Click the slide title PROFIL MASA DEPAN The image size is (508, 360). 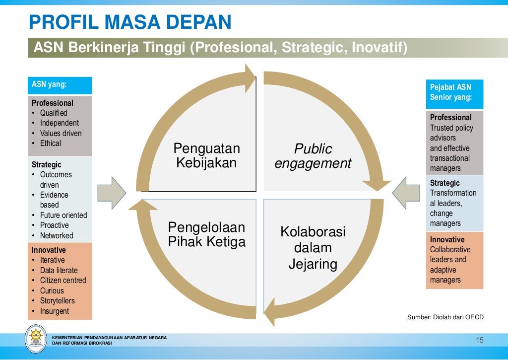coord(130,22)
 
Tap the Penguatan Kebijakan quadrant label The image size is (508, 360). coord(206,155)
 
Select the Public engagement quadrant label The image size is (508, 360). coord(313,156)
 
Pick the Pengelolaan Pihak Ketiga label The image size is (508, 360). coord(206,234)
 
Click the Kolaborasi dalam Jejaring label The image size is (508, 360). coord(313,248)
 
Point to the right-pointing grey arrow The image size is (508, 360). coord(112,192)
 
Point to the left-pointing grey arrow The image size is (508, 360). coord(406,192)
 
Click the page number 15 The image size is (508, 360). coord(479,340)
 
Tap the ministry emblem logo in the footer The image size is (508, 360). coord(36,339)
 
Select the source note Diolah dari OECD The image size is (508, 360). coord(445,317)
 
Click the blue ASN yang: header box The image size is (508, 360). coord(60,85)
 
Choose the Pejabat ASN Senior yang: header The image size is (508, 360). coord(454,92)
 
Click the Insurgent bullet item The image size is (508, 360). coord(55,311)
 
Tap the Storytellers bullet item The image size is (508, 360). coord(58,300)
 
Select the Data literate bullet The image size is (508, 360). coord(59,270)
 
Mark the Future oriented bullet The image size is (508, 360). coord(63,215)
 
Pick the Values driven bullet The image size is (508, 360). coord(61,133)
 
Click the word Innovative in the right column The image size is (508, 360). coord(447,239)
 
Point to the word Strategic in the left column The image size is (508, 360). coord(47,164)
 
